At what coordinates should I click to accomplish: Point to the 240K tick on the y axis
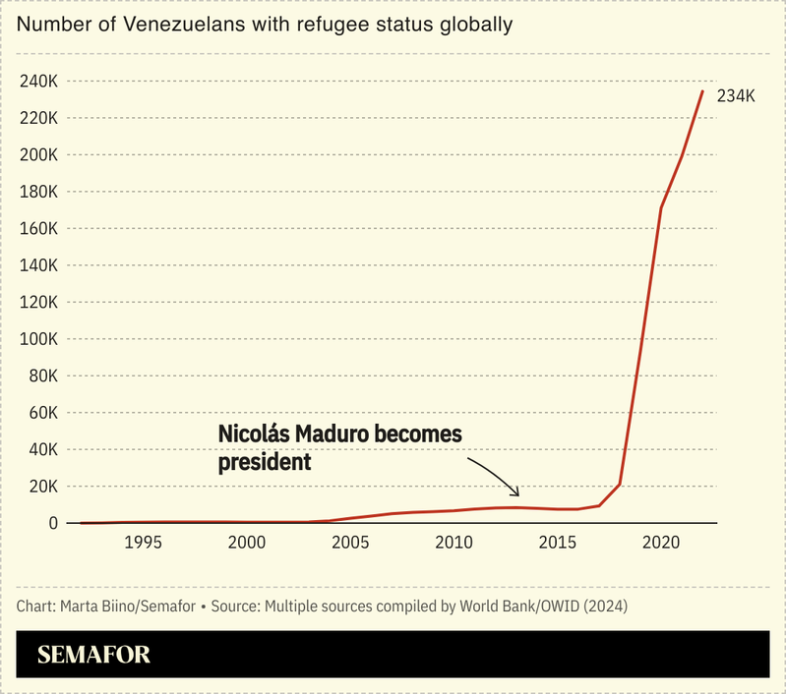pos(40,82)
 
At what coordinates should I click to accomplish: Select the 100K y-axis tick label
pos(40,339)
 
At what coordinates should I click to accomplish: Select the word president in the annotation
pos(265,461)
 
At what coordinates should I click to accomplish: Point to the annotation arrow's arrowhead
pos(517,492)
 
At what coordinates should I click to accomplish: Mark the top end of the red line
pos(702,90)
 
